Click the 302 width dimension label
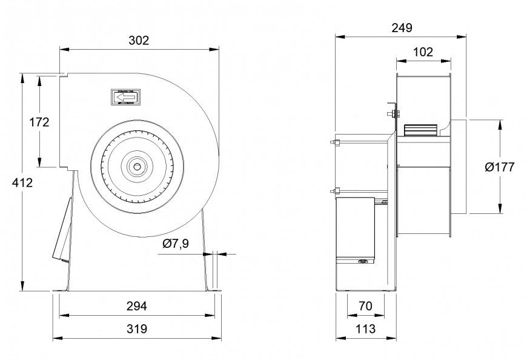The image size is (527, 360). point(139,41)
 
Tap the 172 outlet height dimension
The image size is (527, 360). point(39,122)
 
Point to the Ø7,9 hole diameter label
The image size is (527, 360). point(176,244)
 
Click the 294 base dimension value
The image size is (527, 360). point(138,306)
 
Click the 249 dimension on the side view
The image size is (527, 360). point(402,27)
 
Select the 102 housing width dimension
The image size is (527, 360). point(423,52)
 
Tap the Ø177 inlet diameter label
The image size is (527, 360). point(500,167)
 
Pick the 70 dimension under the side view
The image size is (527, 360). point(365,306)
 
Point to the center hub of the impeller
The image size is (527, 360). point(138,165)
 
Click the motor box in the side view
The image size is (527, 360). point(357,230)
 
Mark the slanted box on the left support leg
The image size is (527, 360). point(63,230)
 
